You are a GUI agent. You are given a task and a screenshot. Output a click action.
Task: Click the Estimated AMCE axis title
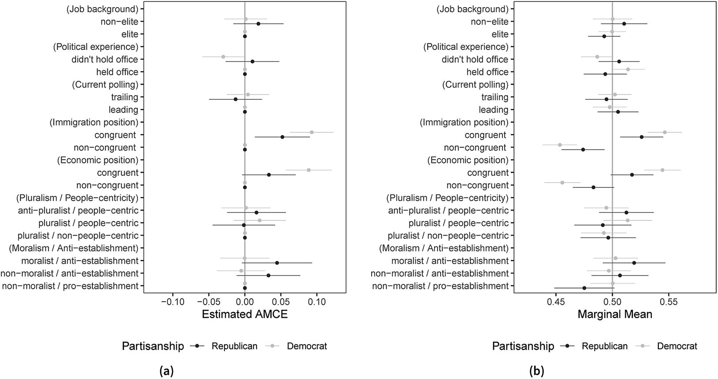[244, 314]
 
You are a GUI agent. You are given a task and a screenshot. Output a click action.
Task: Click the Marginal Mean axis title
[615, 314]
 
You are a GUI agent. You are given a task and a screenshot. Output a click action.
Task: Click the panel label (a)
[166, 371]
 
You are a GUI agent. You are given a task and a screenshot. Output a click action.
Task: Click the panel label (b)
[537, 371]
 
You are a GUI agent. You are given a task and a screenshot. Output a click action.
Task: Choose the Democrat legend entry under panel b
[677, 346]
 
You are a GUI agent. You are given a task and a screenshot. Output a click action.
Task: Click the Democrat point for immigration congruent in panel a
[312, 132]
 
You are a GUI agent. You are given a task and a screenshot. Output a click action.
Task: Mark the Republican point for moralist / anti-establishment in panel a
[277, 263]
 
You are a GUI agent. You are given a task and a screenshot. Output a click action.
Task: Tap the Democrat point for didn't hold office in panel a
[223, 57]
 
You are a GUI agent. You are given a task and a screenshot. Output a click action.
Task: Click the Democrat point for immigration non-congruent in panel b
[560, 145]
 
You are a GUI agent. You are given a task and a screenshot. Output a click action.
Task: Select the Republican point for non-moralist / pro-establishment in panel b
[585, 288]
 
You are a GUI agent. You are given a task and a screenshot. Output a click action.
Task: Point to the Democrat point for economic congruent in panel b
[662, 170]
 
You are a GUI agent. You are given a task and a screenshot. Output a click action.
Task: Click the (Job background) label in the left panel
[103, 9]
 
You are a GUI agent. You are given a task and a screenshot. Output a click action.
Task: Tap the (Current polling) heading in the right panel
[475, 85]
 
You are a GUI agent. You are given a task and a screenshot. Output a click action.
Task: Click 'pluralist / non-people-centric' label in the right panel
[448, 236]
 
